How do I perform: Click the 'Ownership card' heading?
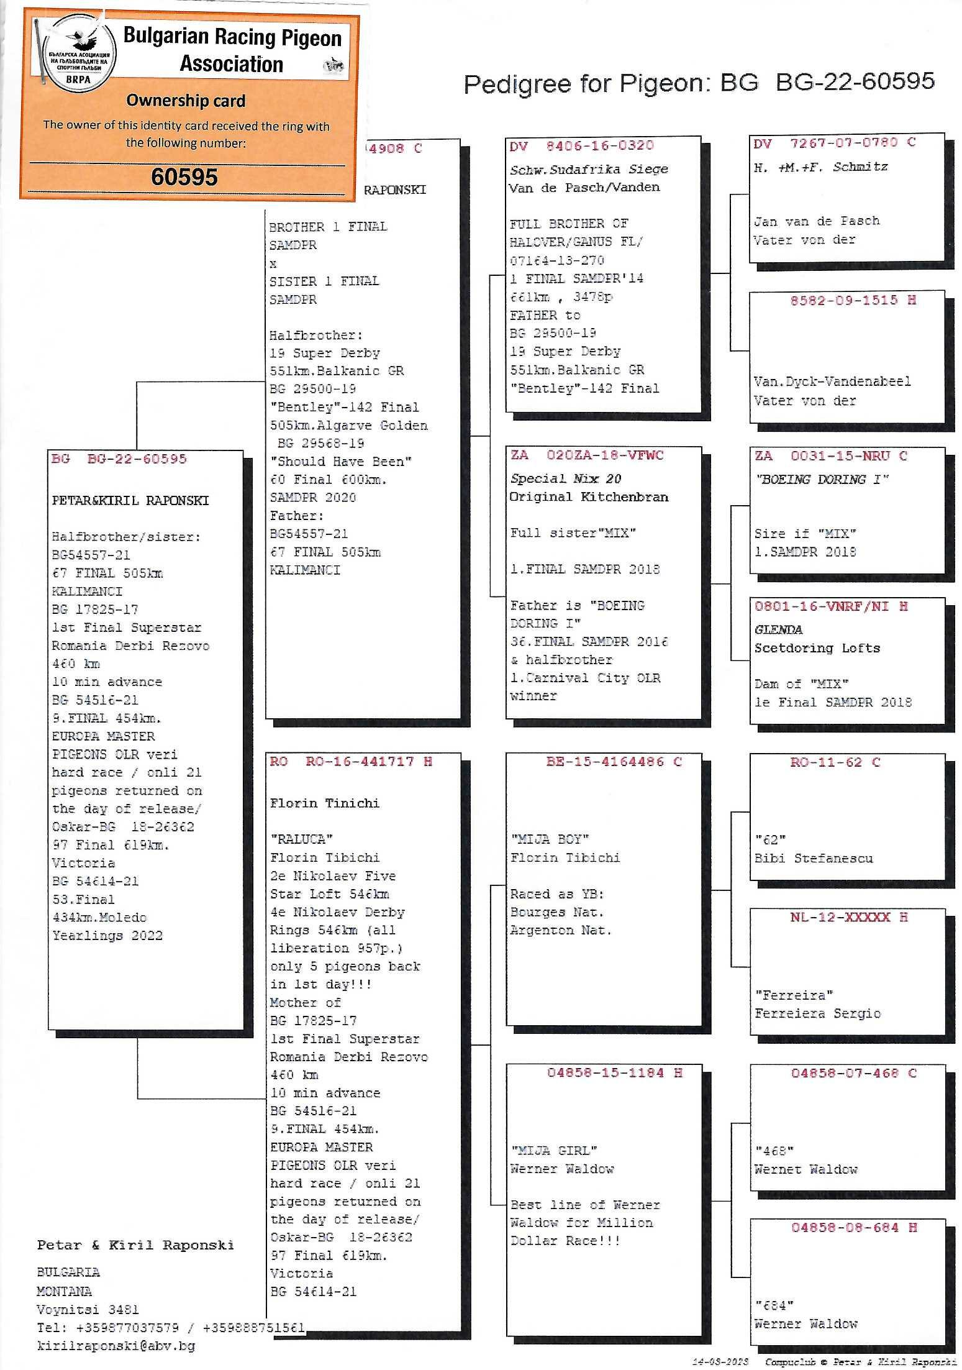[x=186, y=100]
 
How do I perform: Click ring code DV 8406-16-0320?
[x=581, y=146]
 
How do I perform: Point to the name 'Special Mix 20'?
[x=565, y=478]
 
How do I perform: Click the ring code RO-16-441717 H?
[x=350, y=762]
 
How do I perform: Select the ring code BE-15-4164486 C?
[x=614, y=762]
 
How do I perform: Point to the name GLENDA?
[x=778, y=629]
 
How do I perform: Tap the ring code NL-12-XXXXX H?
[x=848, y=917]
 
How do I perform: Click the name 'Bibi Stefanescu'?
[x=814, y=859]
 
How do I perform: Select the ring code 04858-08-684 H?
[x=853, y=1228]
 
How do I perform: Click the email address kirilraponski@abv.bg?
[x=116, y=1346]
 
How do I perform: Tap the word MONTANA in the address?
[x=64, y=1291]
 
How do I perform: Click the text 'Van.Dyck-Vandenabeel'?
[x=832, y=381]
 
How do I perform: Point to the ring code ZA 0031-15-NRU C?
[x=830, y=456]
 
